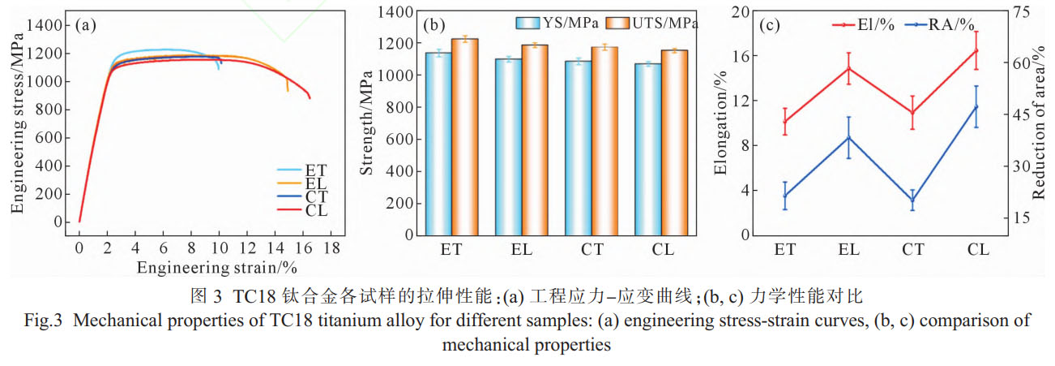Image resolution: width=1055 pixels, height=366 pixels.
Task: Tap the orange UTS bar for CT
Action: click(x=604, y=140)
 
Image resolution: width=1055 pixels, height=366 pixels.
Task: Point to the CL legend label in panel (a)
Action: click(x=316, y=211)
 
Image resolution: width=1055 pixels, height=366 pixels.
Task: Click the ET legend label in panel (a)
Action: click(x=316, y=170)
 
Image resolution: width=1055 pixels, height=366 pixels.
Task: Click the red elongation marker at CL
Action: click(x=976, y=50)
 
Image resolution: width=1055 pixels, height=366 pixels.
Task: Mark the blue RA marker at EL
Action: click(x=848, y=137)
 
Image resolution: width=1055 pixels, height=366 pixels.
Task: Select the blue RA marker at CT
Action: click(x=912, y=200)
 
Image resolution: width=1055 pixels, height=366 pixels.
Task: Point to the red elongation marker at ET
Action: click(x=784, y=122)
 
